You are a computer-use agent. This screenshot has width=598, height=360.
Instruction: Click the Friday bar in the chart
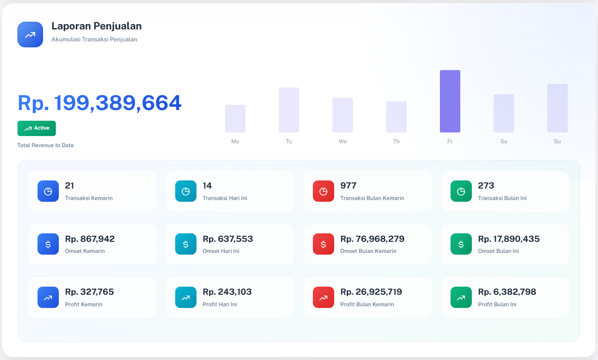450,101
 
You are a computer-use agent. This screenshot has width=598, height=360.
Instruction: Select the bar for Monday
235,119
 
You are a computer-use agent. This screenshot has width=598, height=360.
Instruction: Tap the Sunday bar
557,108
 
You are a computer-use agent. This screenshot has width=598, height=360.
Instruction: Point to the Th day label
396,142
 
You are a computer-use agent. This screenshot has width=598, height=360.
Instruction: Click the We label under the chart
343,142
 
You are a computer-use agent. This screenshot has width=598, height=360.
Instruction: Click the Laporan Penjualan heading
96,26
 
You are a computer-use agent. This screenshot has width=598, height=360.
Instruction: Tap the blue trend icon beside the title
30,35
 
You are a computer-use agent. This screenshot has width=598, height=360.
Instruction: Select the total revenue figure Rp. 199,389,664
100,103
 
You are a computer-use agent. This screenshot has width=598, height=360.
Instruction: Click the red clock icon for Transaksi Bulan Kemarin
324,191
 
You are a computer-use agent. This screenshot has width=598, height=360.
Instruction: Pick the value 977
348,186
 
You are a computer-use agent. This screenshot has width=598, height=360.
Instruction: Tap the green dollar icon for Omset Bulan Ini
461,244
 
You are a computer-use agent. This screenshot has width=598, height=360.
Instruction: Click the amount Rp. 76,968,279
372,239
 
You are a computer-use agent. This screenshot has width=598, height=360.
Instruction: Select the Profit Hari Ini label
220,305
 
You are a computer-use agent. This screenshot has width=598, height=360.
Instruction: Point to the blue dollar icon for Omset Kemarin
48,244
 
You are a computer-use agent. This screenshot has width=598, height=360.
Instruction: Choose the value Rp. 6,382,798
507,292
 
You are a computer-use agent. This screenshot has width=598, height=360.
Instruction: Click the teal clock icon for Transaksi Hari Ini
186,191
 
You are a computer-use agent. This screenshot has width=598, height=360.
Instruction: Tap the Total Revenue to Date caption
46,145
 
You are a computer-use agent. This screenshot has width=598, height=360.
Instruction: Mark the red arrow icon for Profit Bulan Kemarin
324,297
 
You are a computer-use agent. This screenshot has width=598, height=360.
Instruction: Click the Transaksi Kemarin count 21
69,186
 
